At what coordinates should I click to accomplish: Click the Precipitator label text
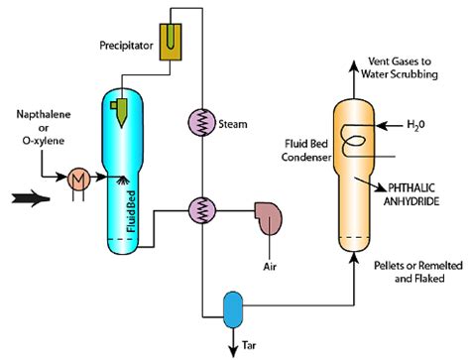click(131, 46)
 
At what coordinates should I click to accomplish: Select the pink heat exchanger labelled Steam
click(203, 124)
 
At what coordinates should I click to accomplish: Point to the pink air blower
click(269, 215)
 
